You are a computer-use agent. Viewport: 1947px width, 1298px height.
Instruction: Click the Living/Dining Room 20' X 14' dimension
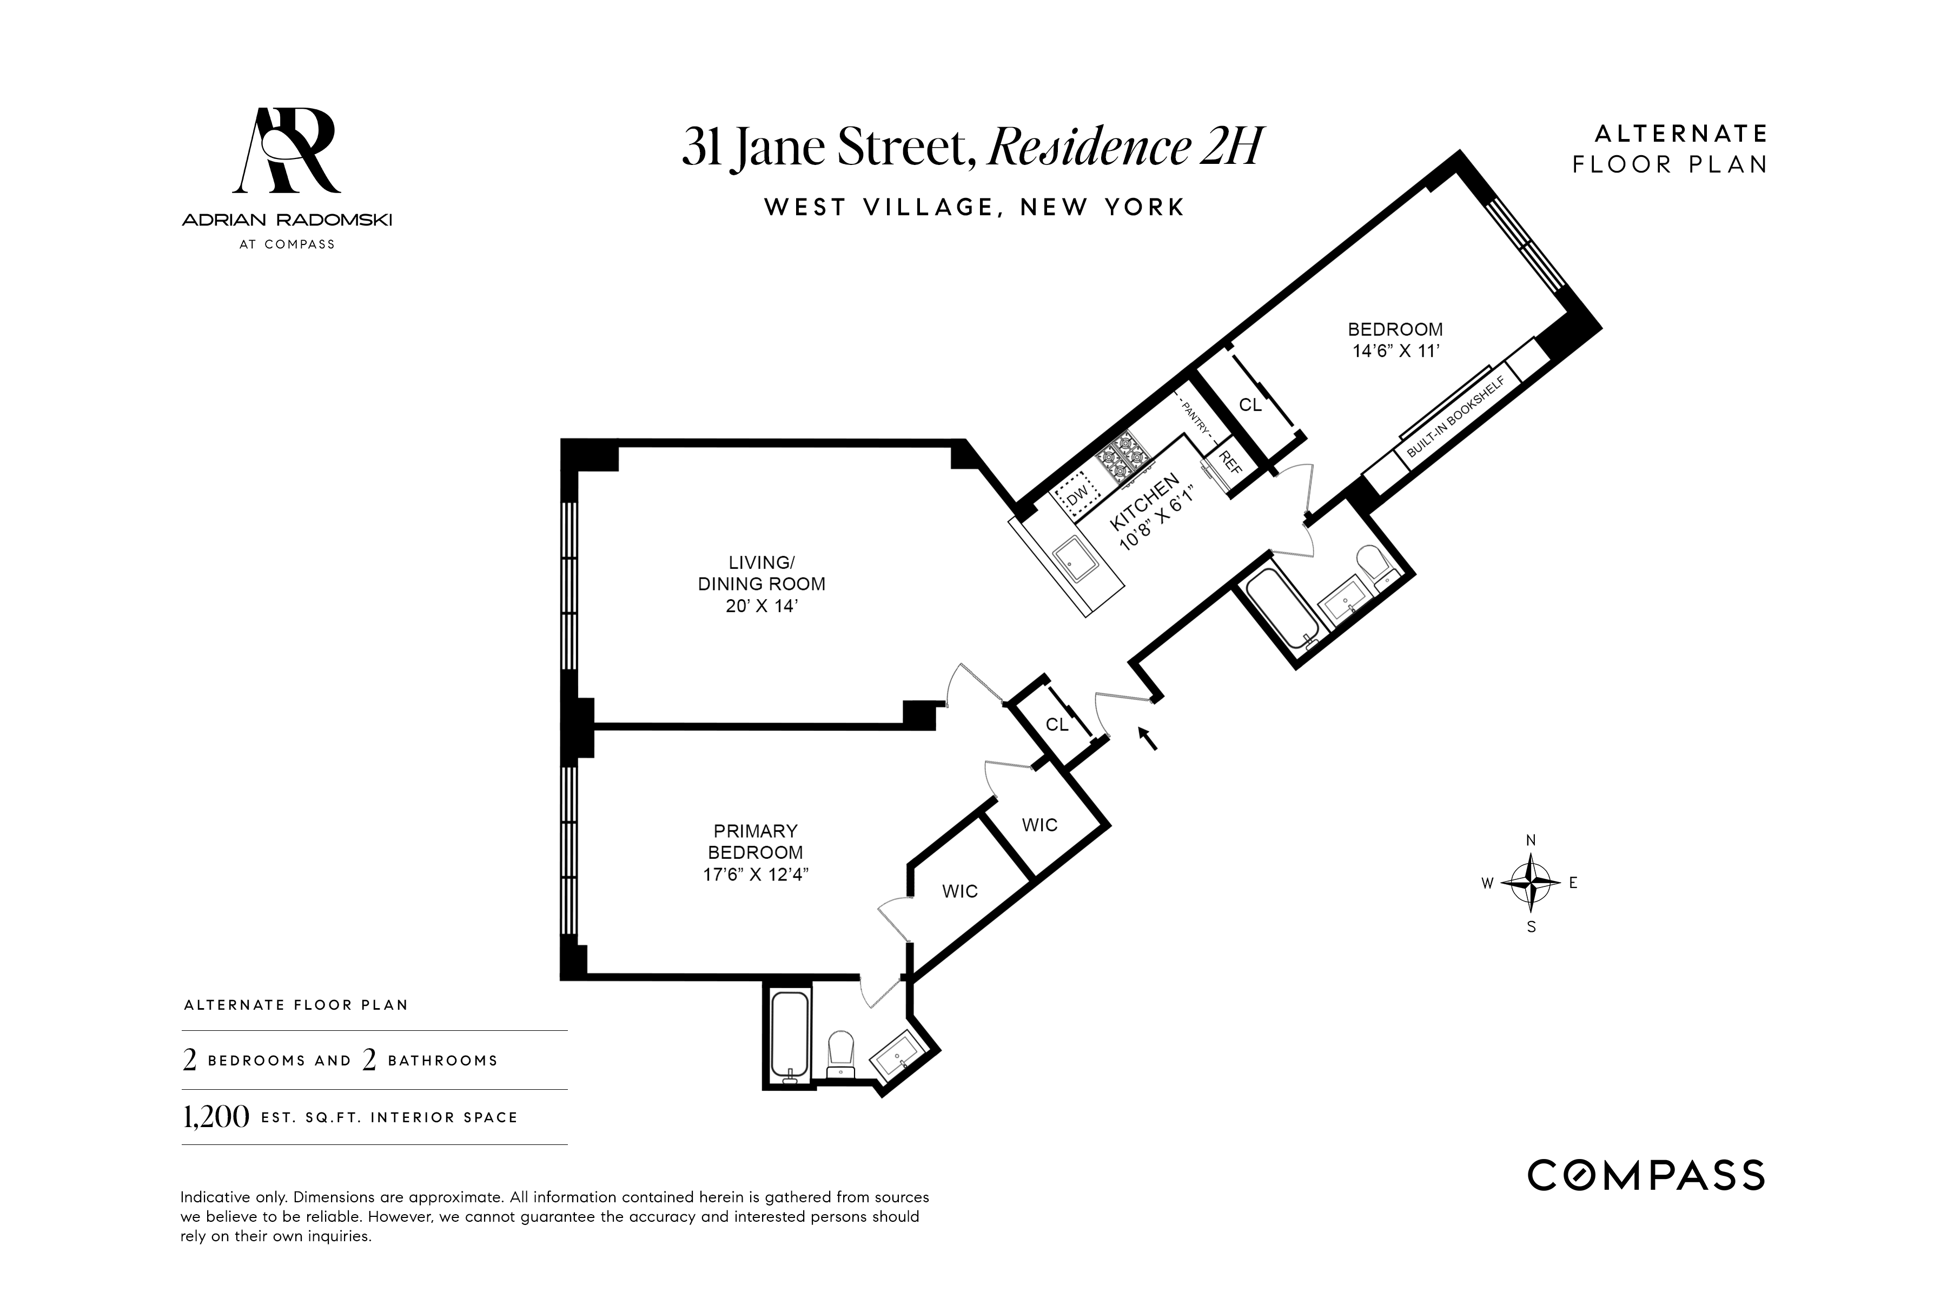761,606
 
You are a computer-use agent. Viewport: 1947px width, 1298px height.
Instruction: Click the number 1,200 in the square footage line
215,1117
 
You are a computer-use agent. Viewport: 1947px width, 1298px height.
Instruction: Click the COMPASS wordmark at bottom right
1646,1175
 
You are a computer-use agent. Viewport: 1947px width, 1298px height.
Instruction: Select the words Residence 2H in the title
1126,147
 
